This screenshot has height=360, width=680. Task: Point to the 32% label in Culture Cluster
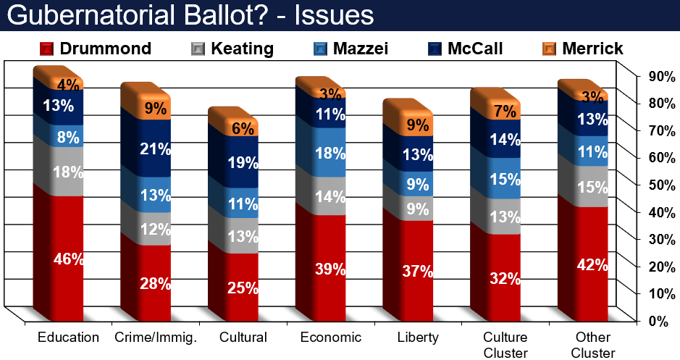(x=505, y=278)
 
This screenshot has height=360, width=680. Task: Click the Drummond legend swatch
(x=46, y=49)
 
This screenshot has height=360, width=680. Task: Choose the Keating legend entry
(x=232, y=49)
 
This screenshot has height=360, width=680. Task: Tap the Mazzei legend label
(x=361, y=49)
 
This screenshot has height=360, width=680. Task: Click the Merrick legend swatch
(x=549, y=49)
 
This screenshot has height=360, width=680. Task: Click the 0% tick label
(x=658, y=322)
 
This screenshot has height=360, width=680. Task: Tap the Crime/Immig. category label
(x=156, y=338)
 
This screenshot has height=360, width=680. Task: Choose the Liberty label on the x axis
(x=418, y=338)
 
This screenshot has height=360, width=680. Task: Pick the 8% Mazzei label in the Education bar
(x=69, y=137)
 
